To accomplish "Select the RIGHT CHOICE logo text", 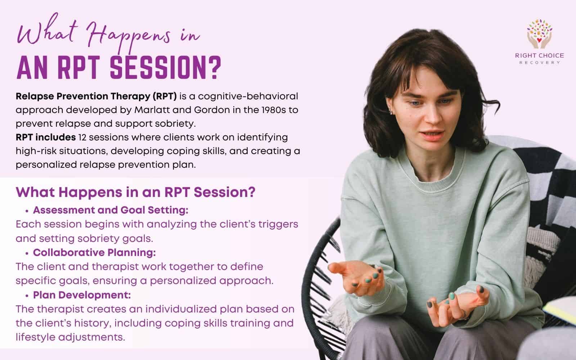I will click(539, 55).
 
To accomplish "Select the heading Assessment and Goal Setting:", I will click(111, 210).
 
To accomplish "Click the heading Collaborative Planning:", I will click(94, 253).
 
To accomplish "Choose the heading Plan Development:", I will click(82, 295).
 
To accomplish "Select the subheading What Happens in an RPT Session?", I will click(135, 192).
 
